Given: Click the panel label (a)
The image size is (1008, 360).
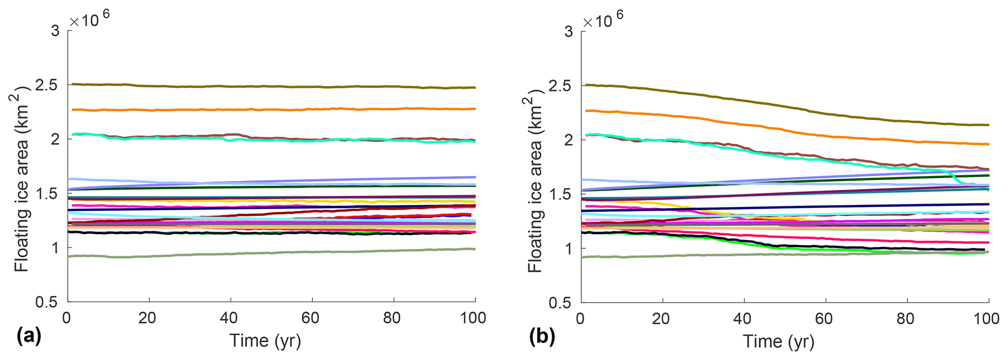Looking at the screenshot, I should pos(29,337).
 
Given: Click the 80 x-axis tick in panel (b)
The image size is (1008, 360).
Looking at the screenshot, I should pos(906,319).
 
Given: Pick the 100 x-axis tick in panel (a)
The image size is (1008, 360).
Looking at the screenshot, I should pos(474,319).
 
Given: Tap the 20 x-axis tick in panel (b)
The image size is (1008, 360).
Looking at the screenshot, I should pos(662,319).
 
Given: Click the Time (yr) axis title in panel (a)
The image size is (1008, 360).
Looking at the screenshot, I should pos(265,341).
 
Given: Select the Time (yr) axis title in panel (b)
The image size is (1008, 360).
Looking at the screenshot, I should pos(778,341).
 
